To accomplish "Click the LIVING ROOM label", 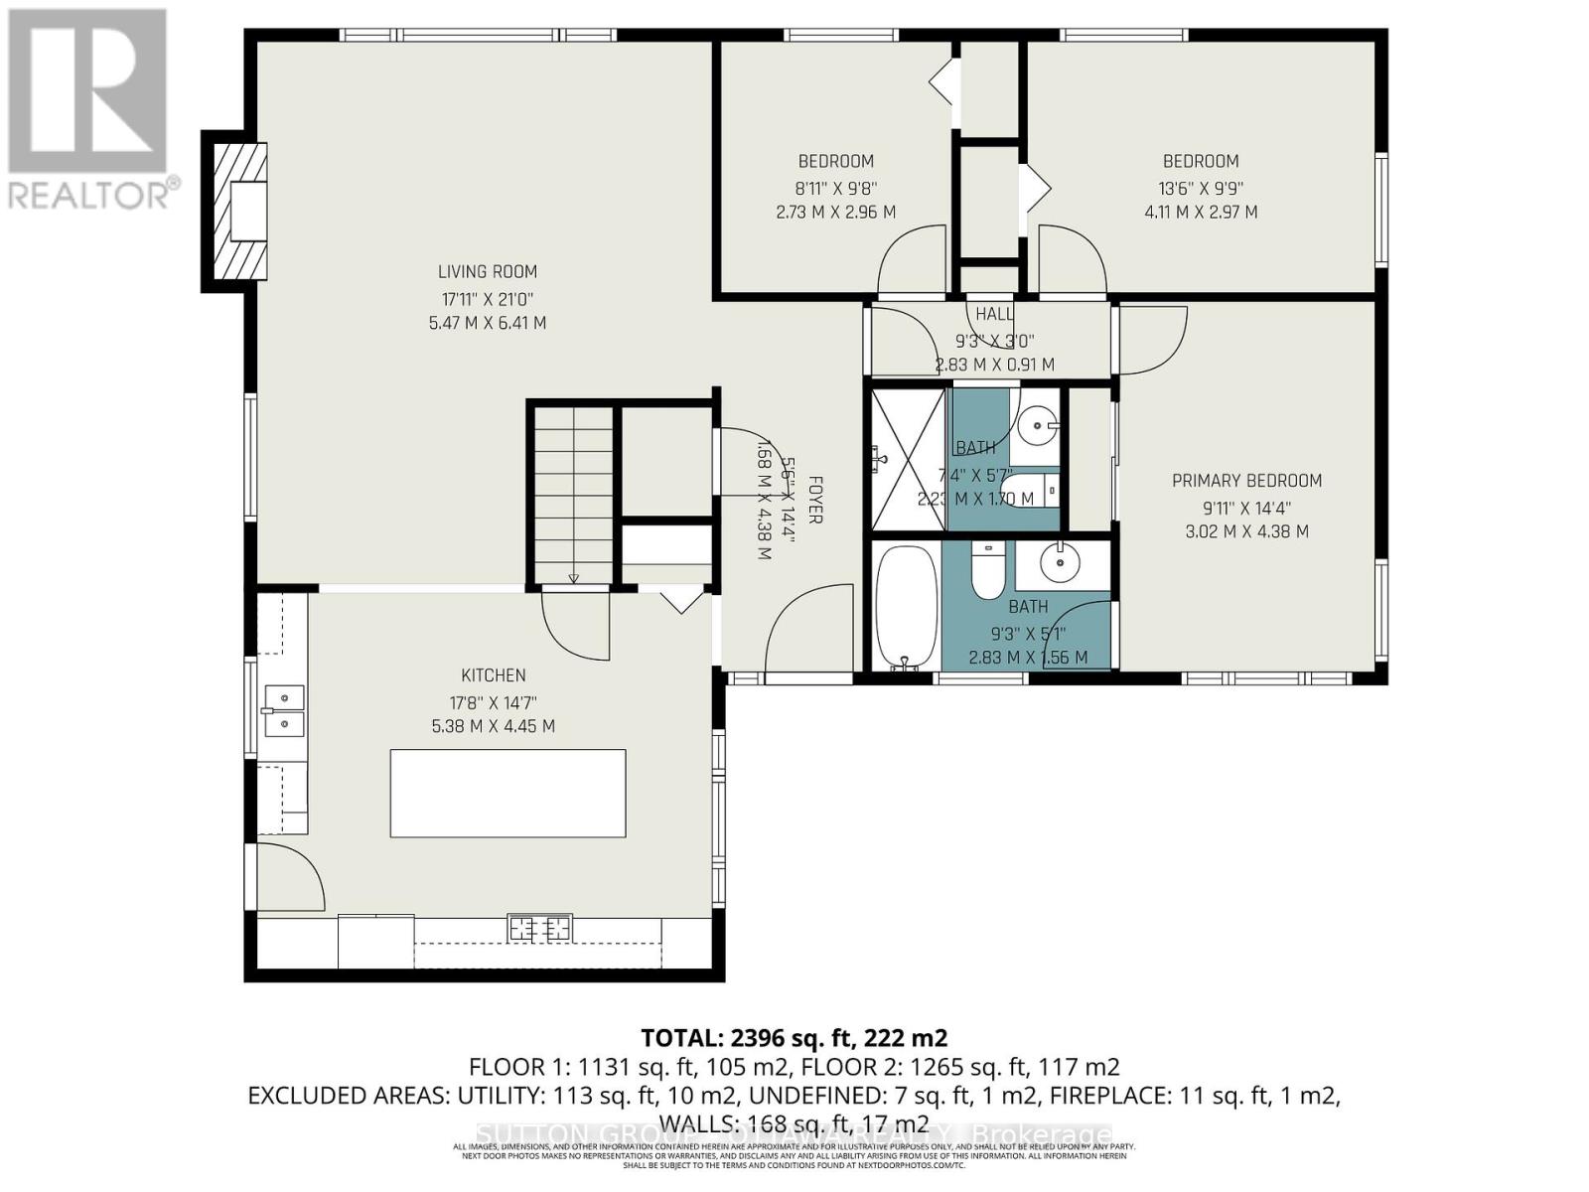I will pyautogui.click(x=487, y=271).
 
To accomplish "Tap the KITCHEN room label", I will pyautogui.click(x=493, y=675).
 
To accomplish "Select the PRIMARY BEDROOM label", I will pyautogui.click(x=1246, y=481).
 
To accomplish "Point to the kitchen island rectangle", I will pyautogui.click(x=507, y=794).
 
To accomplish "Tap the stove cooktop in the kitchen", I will pyautogui.click(x=540, y=929).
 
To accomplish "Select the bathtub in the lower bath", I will pyautogui.click(x=906, y=607).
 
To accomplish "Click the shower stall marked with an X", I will pyautogui.click(x=908, y=459).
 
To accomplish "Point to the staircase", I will pyautogui.click(x=573, y=493).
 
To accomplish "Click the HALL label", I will pyautogui.click(x=994, y=314).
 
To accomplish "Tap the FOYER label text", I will pyautogui.click(x=814, y=500).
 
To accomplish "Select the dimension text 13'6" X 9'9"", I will pyautogui.click(x=1201, y=187).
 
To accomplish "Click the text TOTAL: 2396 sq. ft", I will pyautogui.click(x=794, y=1039).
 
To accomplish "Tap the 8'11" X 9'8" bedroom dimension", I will pyautogui.click(x=836, y=187).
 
